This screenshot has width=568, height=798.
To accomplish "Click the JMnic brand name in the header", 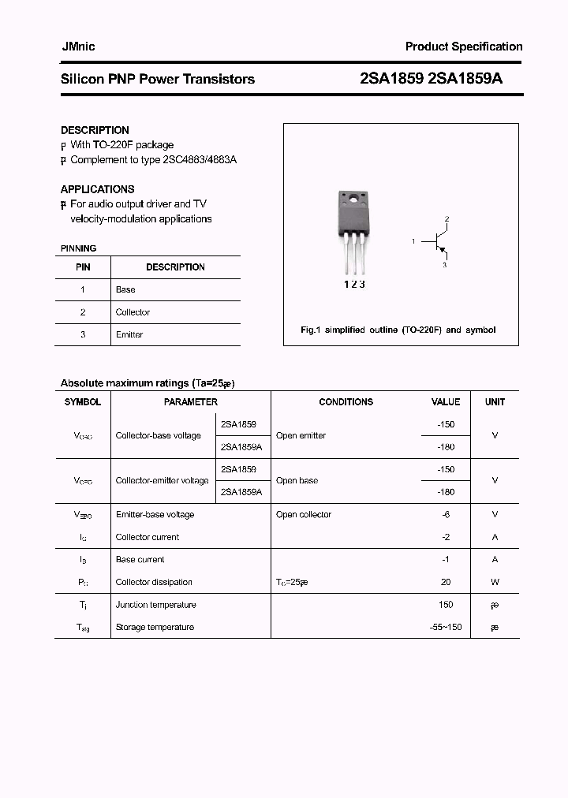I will tap(78, 47).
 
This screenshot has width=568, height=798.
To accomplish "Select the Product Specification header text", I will tap(464, 47).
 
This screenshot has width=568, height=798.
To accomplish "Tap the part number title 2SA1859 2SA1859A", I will tap(431, 79).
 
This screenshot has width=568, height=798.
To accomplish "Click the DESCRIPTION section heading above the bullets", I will tap(95, 130).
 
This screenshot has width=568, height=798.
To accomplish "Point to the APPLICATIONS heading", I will tap(97, 189).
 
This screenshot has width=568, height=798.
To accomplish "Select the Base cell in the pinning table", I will tap(125, 289).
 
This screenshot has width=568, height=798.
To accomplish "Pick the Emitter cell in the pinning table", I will tap(129, 334).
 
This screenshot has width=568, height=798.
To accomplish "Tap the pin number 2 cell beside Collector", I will tap(82, 312).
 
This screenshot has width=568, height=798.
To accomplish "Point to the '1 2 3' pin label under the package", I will tap(353, 285).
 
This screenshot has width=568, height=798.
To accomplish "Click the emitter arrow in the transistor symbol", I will tap(443, 252).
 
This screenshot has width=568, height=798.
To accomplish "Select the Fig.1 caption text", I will tap(398, 330).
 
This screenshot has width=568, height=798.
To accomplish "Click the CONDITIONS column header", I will tap(346, 402).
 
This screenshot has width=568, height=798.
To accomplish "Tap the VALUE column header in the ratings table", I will tap(446, 402).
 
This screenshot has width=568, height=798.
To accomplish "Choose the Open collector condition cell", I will tap(304, 515).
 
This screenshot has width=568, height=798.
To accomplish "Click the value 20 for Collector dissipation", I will tap(446, 582).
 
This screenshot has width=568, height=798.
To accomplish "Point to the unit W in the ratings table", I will tap(495, 582).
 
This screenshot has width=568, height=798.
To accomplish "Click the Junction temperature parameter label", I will tap(156, 605).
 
